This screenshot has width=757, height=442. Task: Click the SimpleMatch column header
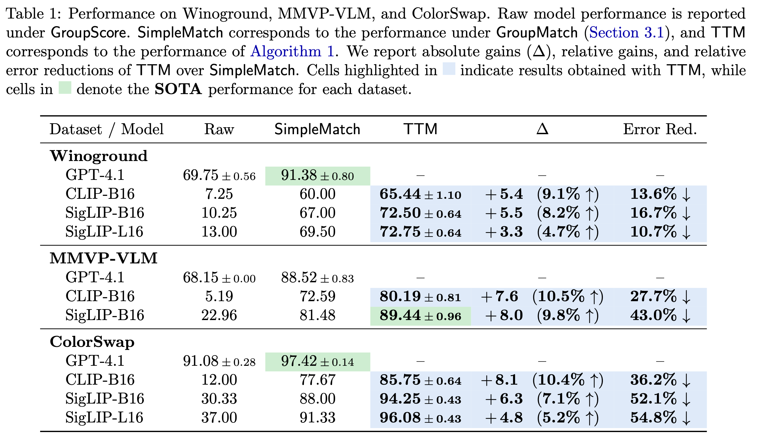317,129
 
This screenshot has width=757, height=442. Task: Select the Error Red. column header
660,129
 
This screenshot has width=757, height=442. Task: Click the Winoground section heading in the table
99,156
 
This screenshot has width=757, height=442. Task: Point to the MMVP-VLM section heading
103,258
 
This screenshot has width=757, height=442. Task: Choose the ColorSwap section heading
92,342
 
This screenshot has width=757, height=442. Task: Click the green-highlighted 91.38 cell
317,176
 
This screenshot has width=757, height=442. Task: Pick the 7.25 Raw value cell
219,194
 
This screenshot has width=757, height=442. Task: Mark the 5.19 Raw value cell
219,297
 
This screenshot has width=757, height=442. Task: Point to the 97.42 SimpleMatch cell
317,361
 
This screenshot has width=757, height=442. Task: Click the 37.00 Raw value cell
219,418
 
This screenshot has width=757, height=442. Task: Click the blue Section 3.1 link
626,33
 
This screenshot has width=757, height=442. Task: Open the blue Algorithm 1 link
292,52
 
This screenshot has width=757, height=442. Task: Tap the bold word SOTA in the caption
178,89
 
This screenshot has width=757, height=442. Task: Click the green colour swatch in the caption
65,88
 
